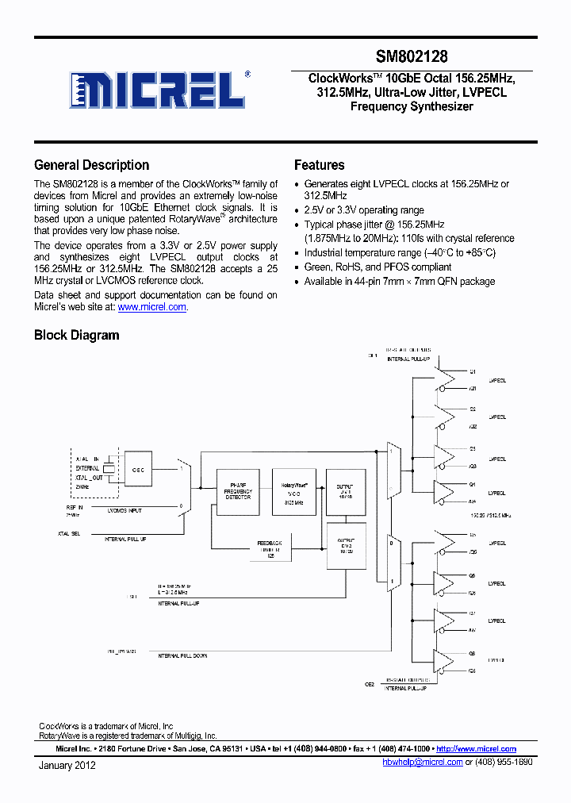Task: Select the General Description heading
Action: (91, 165)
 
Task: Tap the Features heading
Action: (319, 165)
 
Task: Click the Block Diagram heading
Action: (76, 335)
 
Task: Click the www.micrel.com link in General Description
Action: (152, 307)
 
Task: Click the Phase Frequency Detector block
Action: (239, 492)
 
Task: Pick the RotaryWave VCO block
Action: (293, 492)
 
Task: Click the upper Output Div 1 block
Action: (345, 492)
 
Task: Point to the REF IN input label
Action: (75, 505)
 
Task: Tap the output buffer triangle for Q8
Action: (447, 663)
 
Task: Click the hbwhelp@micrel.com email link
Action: (422, 762)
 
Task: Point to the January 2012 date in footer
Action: (67, 765)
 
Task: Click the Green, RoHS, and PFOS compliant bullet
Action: (377, 267)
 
